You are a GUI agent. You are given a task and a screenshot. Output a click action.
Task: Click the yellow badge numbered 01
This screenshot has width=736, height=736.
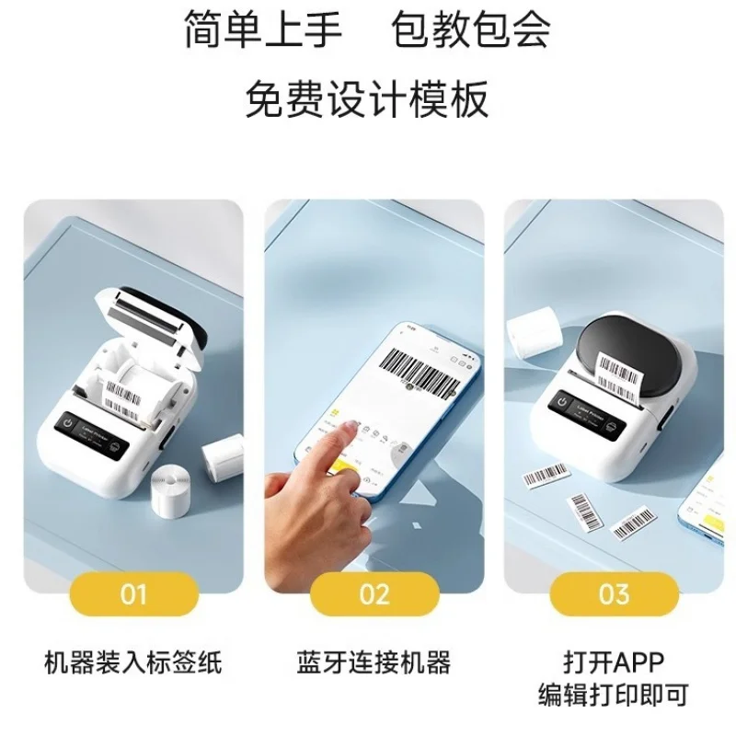[x=133, y=593]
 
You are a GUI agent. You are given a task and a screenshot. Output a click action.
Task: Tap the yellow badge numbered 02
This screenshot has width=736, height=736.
[x=374, y=593]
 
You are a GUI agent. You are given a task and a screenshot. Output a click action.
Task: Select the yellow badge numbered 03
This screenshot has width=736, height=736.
[x=614, y=593]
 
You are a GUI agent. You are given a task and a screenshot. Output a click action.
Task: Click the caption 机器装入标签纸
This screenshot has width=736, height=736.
[x=133, y=661]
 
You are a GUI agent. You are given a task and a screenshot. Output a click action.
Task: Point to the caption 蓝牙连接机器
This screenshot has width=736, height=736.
[x=374, y=661]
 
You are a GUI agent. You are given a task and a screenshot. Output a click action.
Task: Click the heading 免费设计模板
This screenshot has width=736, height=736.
[x=367, y=98]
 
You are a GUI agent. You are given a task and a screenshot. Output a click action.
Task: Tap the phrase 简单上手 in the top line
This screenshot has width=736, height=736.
[x=263, y=30]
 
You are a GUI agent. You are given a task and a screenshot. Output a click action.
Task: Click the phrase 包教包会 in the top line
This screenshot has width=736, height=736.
[x=471, y=30]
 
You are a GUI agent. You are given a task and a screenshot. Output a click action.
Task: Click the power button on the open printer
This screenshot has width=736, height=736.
[x=68, y=425]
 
